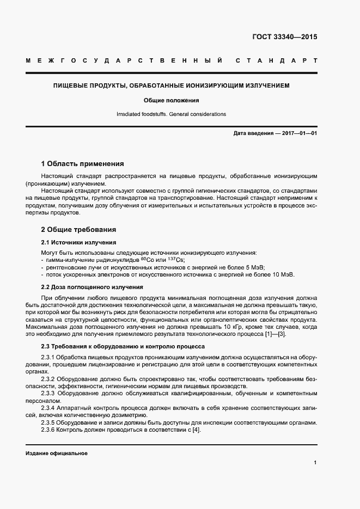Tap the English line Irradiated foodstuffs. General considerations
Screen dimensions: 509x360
(171, 114)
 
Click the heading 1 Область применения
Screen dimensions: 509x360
(83, 163)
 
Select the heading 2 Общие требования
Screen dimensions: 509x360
(78, 230)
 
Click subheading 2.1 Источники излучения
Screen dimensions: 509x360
(78, 242)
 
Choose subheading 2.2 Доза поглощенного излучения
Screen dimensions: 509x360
(92, 287)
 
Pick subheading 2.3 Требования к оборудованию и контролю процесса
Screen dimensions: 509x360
(123, 346)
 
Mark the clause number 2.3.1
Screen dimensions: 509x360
(50, 356)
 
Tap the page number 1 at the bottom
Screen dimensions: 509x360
(315, 462)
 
